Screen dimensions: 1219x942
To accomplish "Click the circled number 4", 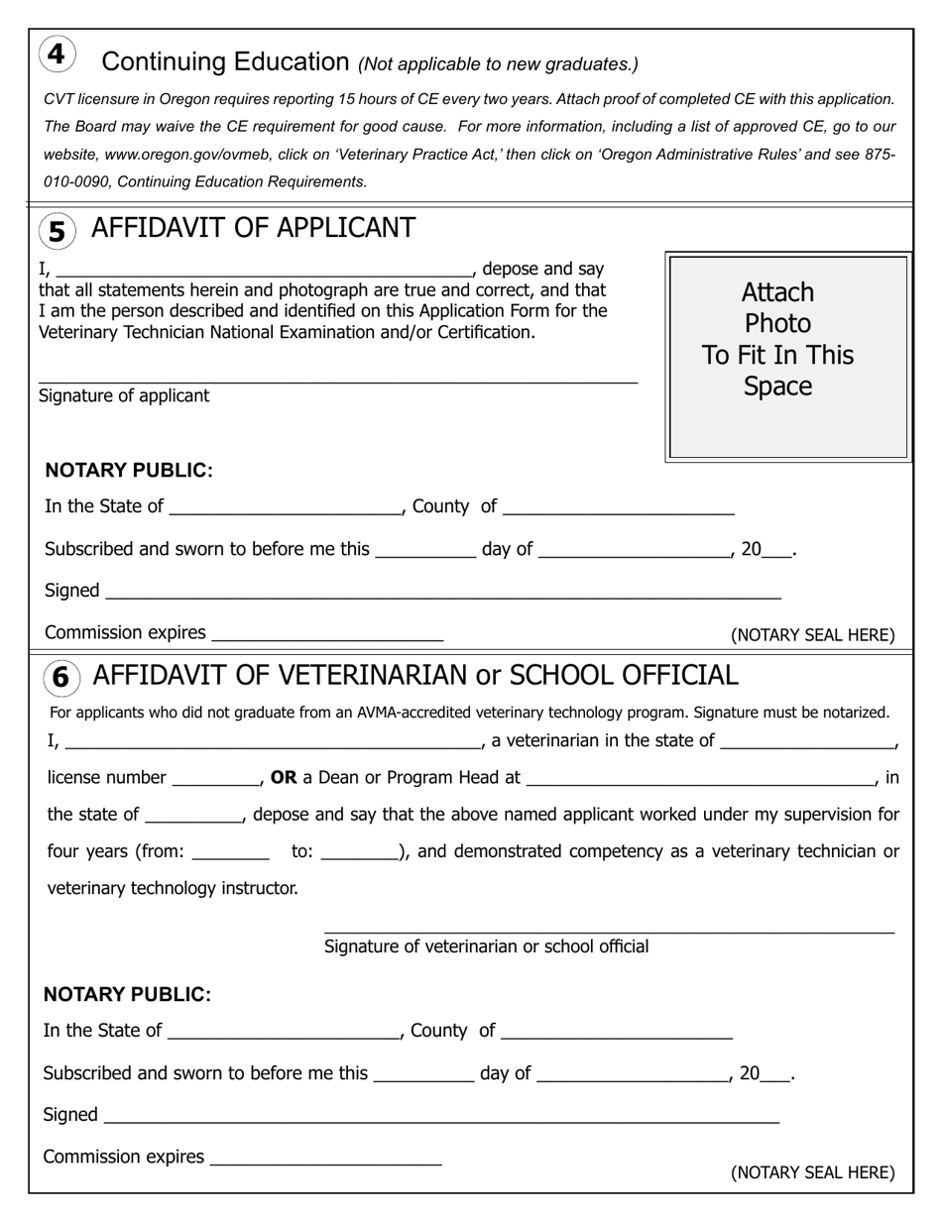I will click(x=57, y=54).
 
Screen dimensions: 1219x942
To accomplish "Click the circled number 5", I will click(x=58, y=232).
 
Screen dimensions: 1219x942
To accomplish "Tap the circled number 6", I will click(x=60, y=678).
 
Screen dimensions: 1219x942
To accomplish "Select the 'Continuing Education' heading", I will click(x=225, y=61).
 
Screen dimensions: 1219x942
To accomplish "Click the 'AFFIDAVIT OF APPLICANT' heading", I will click(x=253, y=228).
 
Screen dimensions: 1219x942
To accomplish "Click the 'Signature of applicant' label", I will click(x=124, y=396).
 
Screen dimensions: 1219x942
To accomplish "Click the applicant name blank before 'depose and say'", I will click(x=264, y=270).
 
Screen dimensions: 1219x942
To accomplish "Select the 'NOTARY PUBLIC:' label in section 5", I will click(x=129, y=471).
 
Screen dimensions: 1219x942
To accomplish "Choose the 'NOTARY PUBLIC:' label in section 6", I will click(x=127, y=995).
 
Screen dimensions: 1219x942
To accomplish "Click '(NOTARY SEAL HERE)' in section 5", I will click(x=812, y=635).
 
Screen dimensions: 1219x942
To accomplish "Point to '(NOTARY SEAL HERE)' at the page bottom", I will click(x=812, y=1173).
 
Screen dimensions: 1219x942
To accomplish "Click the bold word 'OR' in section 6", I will click(x=284, y=778).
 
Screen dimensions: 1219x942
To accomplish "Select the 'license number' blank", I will click(x=215, y=779).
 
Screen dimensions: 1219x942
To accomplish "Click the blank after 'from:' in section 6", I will click(x=230, y=852).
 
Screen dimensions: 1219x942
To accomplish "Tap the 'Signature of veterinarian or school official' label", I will click(x=486, y=946).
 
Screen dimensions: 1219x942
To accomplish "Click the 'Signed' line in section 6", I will click(x=441, y=1117).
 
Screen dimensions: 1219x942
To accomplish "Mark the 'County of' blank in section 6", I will click(x=617, y=1033).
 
